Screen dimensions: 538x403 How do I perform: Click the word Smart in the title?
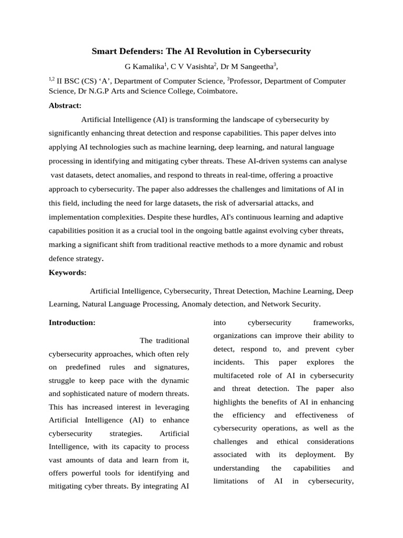tap(104, 51)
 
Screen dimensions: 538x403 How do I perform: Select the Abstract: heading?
tap(65, 106)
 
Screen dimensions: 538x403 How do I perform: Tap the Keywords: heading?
tap(67, 273)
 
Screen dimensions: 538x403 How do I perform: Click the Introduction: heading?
tap(72, 323)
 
